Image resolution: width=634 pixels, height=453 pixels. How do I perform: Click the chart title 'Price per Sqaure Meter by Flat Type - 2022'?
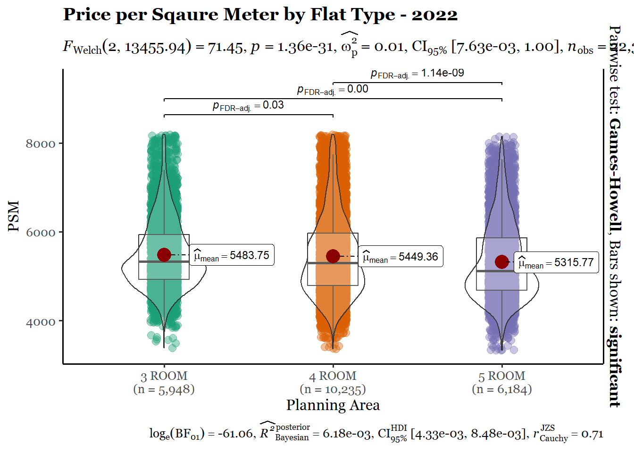click(260, 15)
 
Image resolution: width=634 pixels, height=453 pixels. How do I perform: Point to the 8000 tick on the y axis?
click(41, 143)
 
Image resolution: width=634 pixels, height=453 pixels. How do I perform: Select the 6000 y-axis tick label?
click(41, 233)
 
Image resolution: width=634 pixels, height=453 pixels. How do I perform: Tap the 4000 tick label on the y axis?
click(41, 322)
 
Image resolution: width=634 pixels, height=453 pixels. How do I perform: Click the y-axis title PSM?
click(14, 216)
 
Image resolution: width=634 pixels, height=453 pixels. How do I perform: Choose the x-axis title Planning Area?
click(333, 405)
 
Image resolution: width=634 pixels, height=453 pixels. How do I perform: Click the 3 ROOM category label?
click(164, 376)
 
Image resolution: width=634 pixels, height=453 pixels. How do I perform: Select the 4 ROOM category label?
click(333, 376)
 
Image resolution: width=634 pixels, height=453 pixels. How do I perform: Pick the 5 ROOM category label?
click(502, 376)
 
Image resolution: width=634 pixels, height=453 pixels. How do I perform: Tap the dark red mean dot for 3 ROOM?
click(164, 255)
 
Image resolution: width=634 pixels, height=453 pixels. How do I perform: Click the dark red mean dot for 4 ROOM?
click(333, 256)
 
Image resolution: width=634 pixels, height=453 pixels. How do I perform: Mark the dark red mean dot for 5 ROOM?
click(502, 261)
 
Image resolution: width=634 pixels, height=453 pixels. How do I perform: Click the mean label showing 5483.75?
click(232, 255)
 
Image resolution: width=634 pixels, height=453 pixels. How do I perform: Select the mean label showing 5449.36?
click(400, 257)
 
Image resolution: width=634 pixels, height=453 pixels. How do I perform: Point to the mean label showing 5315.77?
click(556, 262)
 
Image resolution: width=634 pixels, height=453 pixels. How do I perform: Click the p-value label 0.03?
click(248, 105)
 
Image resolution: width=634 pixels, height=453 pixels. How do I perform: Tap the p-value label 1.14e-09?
click(417, 73)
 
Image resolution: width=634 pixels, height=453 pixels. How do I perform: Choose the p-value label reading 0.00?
click(333, 89)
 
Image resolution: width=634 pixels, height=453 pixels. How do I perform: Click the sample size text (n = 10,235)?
click(333, 389)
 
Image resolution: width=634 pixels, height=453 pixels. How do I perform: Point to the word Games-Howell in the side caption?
click(614, 175)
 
